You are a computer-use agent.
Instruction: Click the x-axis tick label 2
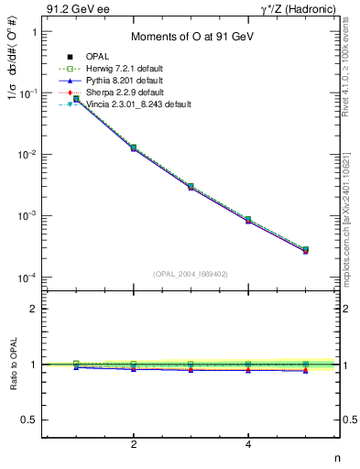tap(134, 444)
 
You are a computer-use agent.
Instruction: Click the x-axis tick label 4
tap(248, 444)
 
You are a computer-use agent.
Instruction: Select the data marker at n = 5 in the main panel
tap(305, 249)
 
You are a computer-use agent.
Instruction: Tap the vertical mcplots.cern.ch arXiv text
tap(347, 220)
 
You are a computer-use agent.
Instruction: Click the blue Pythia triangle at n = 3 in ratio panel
tap(191, 370)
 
